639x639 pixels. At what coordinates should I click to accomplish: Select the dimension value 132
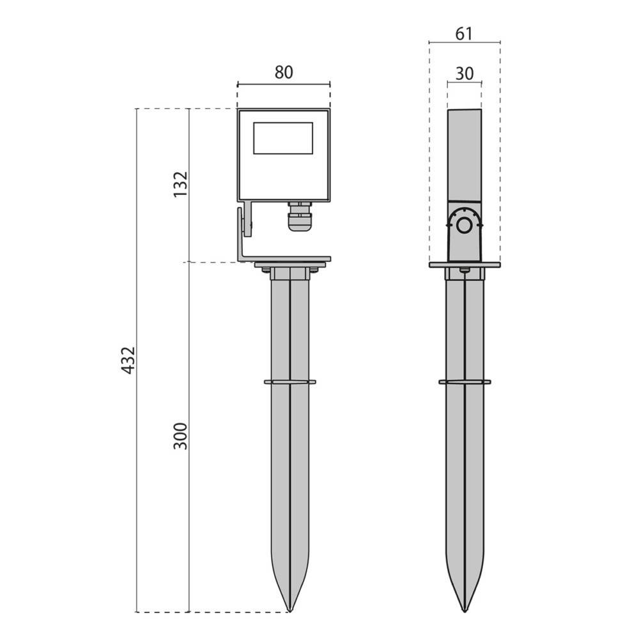[181, 184]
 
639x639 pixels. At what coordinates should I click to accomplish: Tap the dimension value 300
[181, 436]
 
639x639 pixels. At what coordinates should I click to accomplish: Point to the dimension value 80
[284, 72]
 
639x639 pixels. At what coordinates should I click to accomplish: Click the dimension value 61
[464, 34]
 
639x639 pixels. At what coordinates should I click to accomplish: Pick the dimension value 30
[465, 73]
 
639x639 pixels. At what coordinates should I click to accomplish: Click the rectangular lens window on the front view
[283, 138]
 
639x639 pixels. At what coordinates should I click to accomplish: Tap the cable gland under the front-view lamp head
[300, 216]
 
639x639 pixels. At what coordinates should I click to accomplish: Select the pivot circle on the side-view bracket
[464, 224]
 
